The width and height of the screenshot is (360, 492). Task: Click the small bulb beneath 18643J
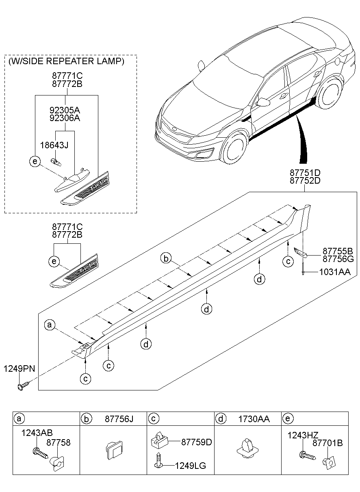tap(56, 162)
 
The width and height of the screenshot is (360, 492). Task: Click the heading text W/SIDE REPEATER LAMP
tap(66, 61)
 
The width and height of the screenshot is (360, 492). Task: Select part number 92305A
tap(65, 110)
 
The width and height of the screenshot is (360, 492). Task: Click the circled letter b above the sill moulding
tap(165, 258)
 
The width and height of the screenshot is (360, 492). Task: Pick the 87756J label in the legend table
tap(119, 418)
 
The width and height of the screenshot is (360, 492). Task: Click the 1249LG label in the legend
tap(190, 466)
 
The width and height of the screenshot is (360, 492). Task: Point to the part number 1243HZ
tap(302, 436)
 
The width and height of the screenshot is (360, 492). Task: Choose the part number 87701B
tap(327, 443)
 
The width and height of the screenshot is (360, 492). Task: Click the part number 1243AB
tap(37, 433)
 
